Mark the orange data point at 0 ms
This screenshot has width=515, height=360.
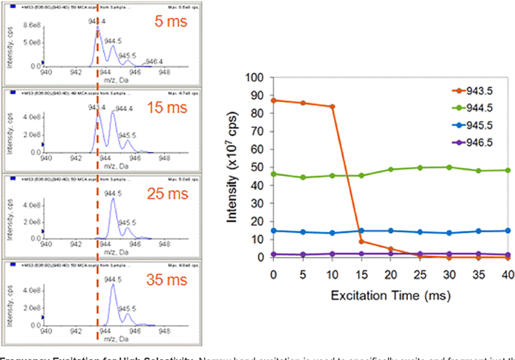tap(274, 100)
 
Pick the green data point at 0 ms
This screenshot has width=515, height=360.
tap(274, 174)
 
